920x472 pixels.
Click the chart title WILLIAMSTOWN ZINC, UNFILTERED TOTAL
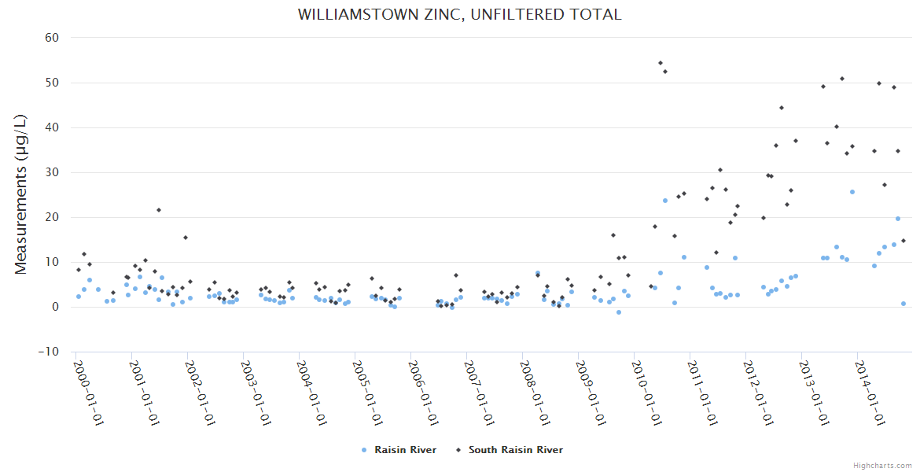459,15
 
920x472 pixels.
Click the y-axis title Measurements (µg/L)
21,194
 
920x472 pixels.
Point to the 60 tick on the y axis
52,38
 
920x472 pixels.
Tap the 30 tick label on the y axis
52,172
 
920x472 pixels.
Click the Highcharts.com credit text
882,465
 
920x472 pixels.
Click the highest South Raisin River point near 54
661,63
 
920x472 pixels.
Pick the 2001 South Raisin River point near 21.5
159,210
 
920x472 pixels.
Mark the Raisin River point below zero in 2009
619,312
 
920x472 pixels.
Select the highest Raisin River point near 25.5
852,192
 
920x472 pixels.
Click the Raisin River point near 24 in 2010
665,201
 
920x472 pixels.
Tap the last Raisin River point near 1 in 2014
903,304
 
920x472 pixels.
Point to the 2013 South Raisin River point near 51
842,79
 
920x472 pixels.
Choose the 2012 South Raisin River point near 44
782,108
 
